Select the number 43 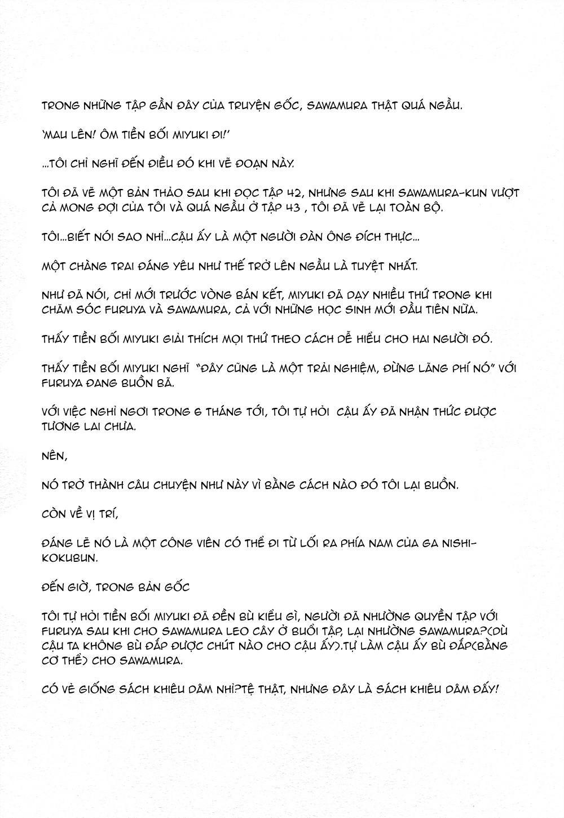coord(292,207)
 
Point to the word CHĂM coord(56,310)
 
